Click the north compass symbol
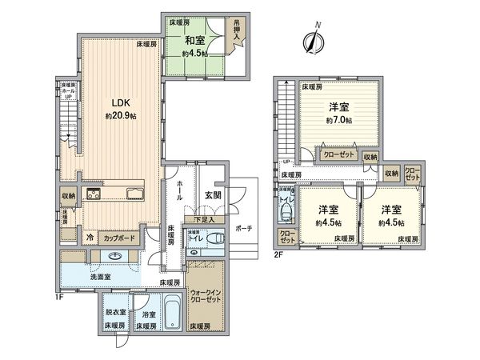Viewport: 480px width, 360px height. click(x=312, y=40)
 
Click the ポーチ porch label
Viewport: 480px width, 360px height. click(x=244, y=228)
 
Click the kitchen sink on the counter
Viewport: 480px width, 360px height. click(x=134, y=194)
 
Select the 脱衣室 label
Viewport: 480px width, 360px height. click(x=114, y=314)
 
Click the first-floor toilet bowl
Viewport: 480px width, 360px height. click(x=215, y=238)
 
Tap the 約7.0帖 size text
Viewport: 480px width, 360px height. click(x=338, y=120)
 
